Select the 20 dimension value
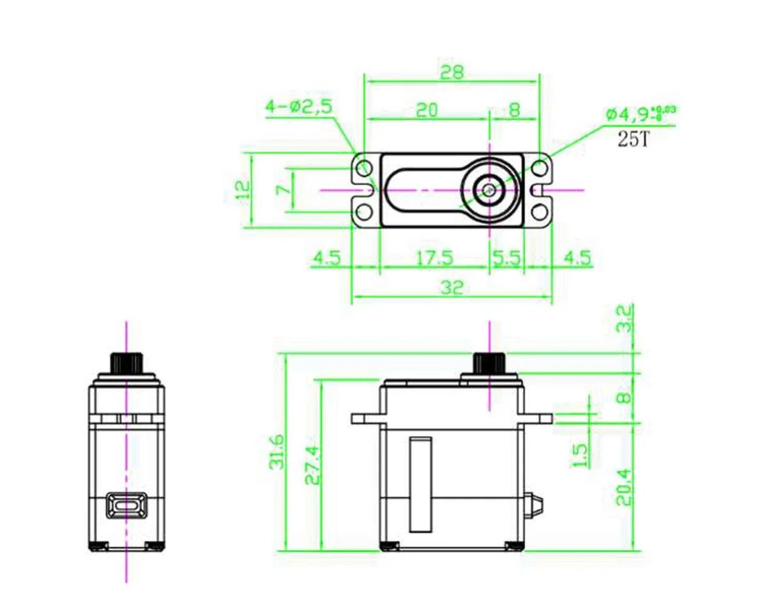[427, 110]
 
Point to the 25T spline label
[633, 140]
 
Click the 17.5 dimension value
[435, 258]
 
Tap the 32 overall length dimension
[452, 288]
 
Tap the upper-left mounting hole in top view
[364, 168]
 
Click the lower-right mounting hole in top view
[539, 210]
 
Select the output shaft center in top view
[489, 189]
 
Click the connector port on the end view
[127, 506]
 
